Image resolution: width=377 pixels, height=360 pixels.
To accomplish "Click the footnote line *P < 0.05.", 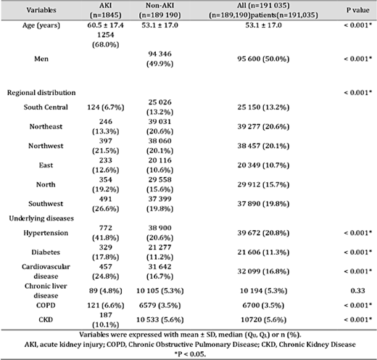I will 188,354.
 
